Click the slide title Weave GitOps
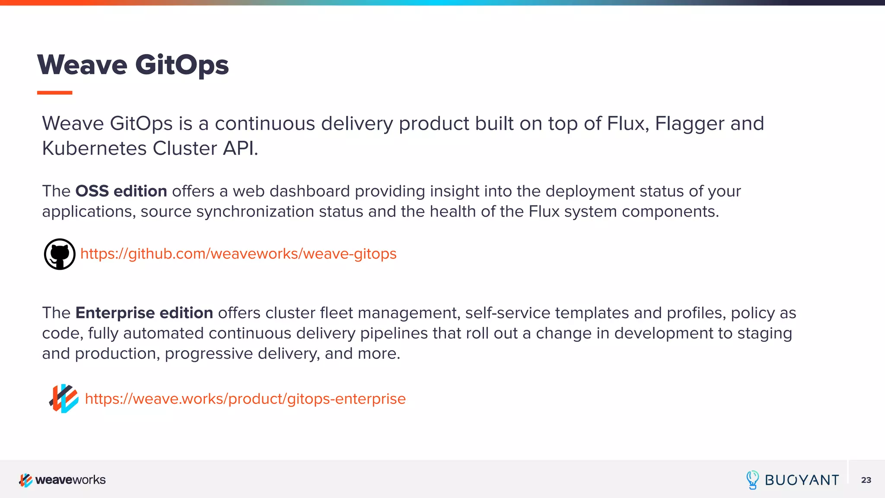133,65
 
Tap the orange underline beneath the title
54,93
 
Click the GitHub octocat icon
60,254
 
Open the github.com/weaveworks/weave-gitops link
238,254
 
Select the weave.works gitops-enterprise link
245,399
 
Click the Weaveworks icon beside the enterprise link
64,399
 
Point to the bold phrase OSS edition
121,191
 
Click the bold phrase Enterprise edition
144,313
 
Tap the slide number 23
866,480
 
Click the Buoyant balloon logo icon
752,480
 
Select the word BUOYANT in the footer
802,480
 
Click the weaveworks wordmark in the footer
70,480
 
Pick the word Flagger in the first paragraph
690,124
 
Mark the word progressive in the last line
209,354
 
